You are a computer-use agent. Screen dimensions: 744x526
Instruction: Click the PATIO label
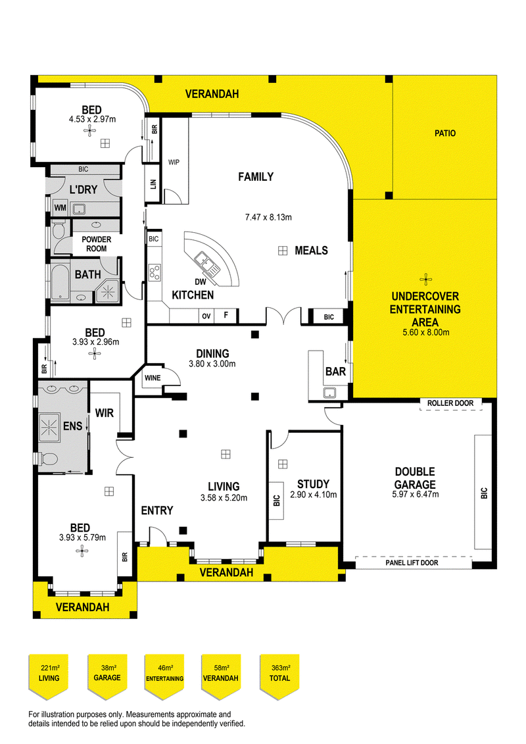[x=444, y=134]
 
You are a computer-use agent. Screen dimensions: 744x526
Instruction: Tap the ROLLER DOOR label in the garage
[x=450, y=403]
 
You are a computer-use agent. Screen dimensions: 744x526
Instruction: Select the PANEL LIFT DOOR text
[x=413, y=563]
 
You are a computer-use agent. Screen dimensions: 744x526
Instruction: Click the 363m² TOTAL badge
[x=279, y=674]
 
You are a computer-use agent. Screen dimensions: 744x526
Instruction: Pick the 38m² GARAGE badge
[x=107, y=674]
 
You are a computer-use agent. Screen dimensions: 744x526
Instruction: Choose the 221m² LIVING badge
[x=49, y=674]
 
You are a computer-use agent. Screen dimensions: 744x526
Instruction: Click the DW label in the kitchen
[x=201, y=282]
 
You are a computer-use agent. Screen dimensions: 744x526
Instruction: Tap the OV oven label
[x=206, y=316]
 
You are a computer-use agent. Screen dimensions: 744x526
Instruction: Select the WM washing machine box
[x=60, y=209]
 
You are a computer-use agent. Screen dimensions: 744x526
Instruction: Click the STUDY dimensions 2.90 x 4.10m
[x=313, y=495]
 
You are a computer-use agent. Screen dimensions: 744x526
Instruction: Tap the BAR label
[x=335, y=372]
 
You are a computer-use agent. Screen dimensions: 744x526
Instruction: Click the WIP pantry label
[x=174, y=162]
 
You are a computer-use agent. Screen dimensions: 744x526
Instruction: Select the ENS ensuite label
[x=72, y=426]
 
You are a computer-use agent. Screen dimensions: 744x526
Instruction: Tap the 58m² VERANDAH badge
[x=222, y=674]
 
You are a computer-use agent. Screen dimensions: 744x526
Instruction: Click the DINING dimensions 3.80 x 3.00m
[x=212, y=363]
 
